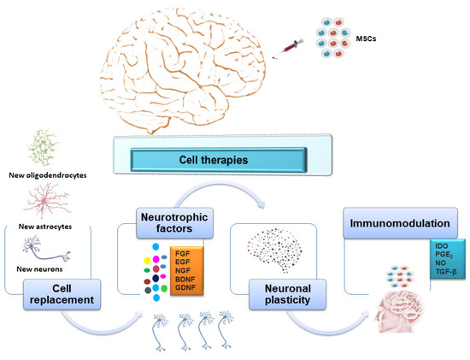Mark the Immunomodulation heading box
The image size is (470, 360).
pyautogui.click(x=394, y=223)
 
